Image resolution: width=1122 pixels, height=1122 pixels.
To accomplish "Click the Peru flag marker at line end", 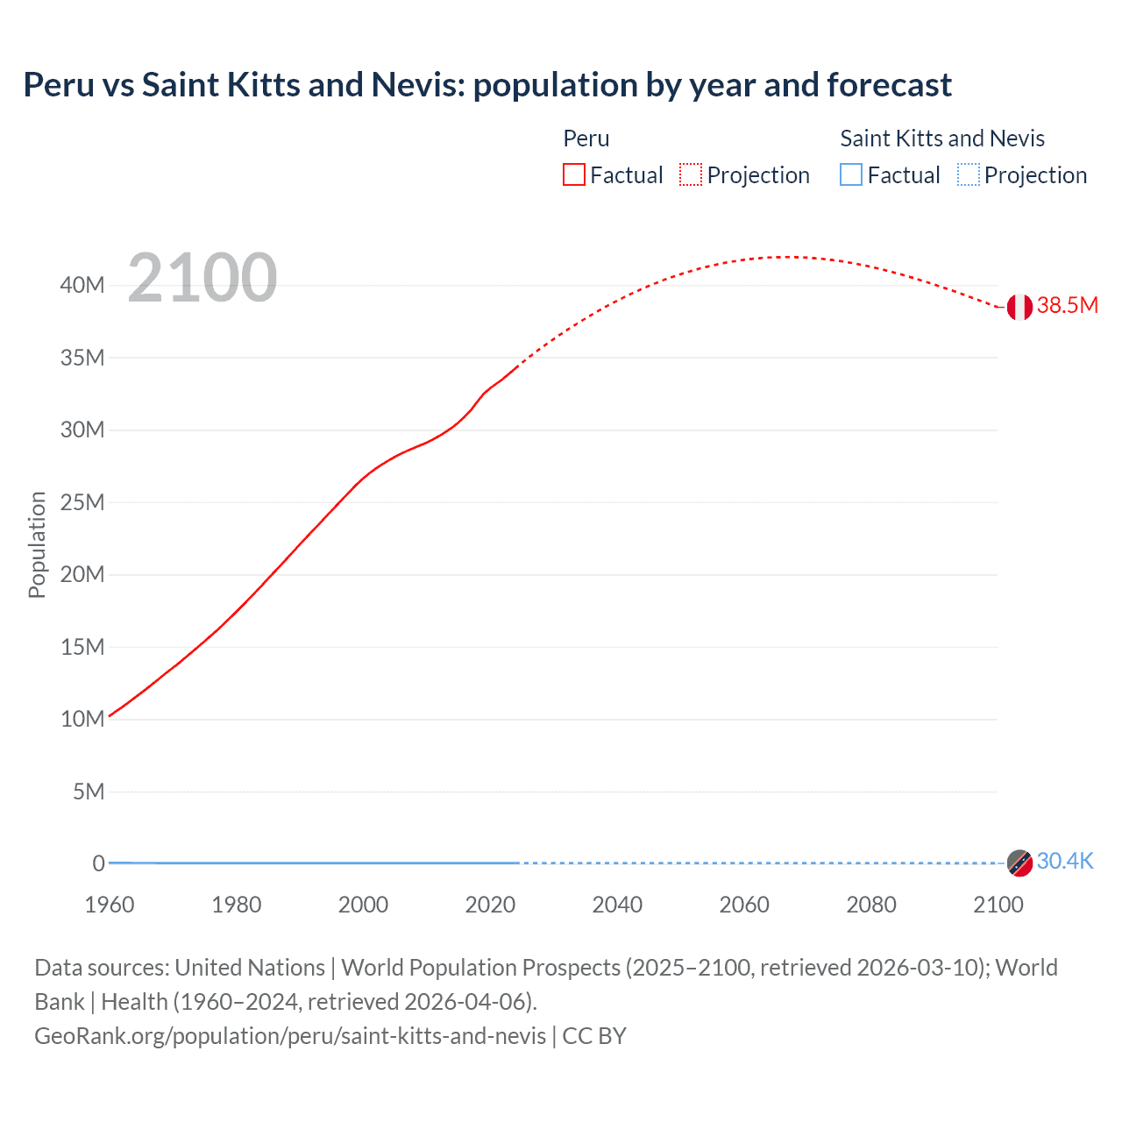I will pyautogui.click(x=1019, y=307).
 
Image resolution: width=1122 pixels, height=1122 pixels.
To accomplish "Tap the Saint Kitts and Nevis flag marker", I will pyautogui.click(x=1019, y=863).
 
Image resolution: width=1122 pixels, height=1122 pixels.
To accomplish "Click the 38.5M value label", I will pyautogui.click(x=1067, y=305).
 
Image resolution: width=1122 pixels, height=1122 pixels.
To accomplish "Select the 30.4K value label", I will pyautogui.click(x=1065, y=861).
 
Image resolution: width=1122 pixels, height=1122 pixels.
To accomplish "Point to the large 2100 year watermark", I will pyautogui.click(x=202, y=278).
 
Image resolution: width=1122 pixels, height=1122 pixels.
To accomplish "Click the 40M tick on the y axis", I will pyautogui.click(x=82, y=285).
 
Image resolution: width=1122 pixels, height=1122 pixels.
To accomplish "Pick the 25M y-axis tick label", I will pyautogui.click(x=82, y=502).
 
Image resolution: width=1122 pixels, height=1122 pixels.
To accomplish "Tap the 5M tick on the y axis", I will pyautogui.click(x=88, y=792).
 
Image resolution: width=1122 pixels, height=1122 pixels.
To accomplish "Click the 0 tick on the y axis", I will pyautogui.click(x=98, y=863).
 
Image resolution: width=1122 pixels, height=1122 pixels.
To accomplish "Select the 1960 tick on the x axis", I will pyautogui.click(x=110, y=905).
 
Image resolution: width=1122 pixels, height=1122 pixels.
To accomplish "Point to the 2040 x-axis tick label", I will pyautogui.click(x=617, y=905).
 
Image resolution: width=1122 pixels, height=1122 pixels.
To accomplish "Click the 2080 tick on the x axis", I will pyautogui.click(x=871, y=905).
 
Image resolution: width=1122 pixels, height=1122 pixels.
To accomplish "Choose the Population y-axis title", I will pyautogui.click(x=37, y=544).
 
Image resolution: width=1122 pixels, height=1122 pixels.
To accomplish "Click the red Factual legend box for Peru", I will pyautogui.click(x=574, y=174).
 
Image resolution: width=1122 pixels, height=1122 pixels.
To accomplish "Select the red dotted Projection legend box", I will pyautogui.click(x=691, y=174).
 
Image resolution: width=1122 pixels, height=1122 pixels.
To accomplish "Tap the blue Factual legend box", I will pyautogui.click(x=851, y=174).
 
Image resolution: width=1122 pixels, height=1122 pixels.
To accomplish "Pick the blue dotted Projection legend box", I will pyautogui.click(x=968, y=174).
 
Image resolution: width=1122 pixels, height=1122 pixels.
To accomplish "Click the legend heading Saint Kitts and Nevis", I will pyautogui.click(x=942, y=138).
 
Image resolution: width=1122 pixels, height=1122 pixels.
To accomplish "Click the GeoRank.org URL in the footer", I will pyautogui.click(x=290, y=1036).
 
